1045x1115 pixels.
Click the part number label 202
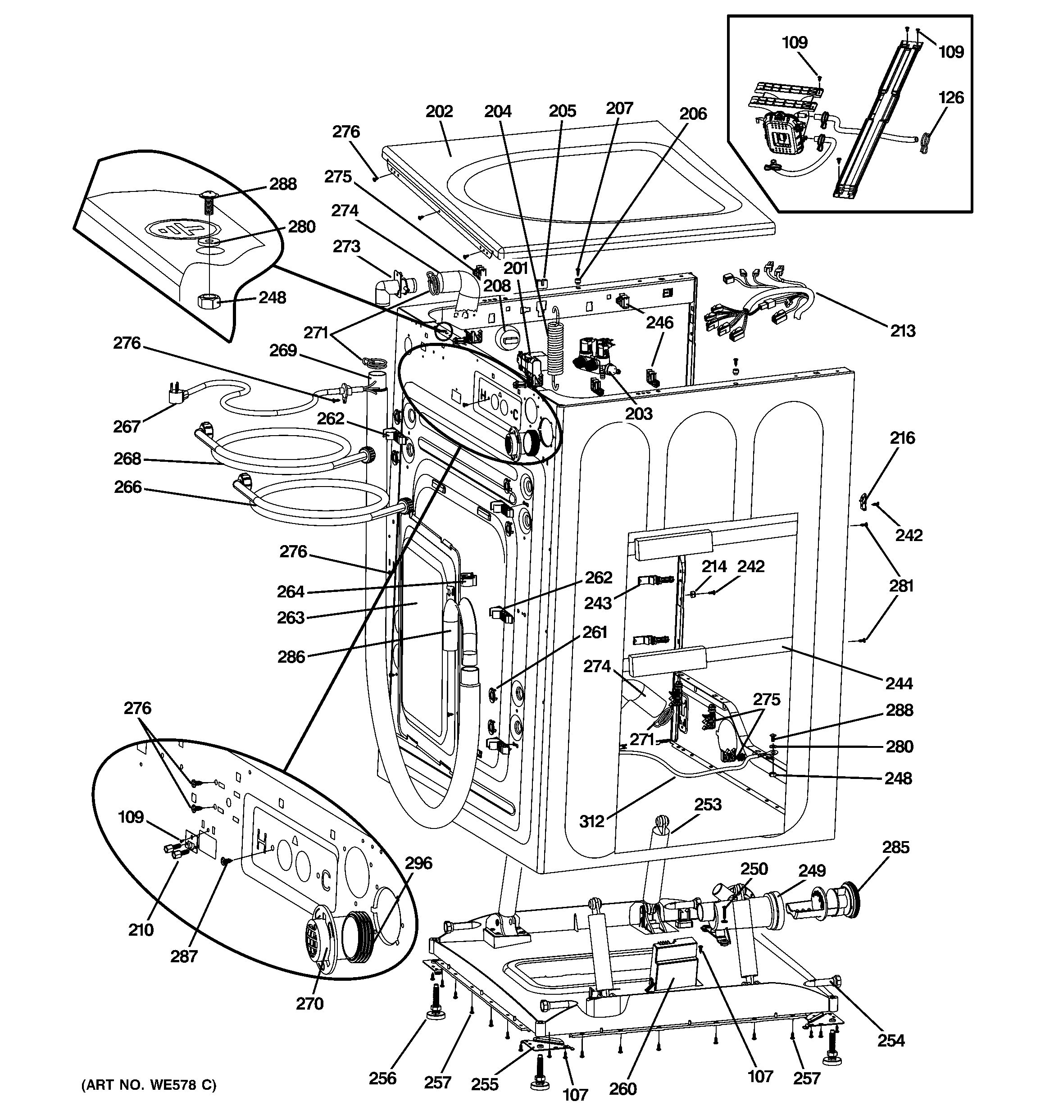tap(439, 112)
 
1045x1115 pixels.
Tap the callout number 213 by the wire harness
tap(903, 331)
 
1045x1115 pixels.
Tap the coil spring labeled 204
tap(555, 347)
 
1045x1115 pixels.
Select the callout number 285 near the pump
tap(895, 847)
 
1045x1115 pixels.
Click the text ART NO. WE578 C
tap(149, 1085)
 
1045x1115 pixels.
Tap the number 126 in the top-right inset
tap(951, 98)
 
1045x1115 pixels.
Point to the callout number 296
tap(418, 863)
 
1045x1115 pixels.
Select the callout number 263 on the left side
tap(291, 618)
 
